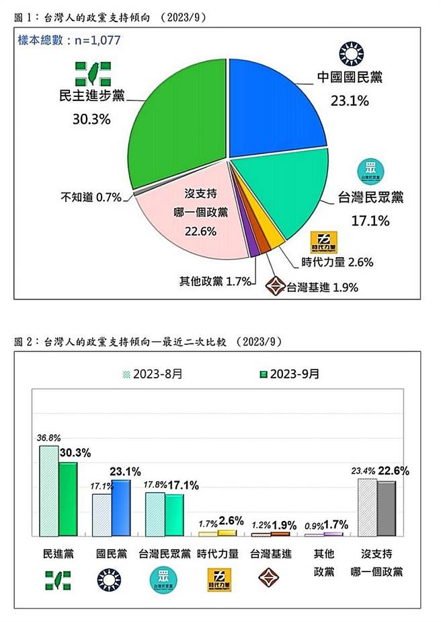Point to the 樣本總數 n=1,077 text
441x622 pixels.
pyautogui.click(x=69, y=40)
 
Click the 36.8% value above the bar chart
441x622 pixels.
pyautogui.click(x=47, y=437)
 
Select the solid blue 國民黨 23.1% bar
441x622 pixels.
pyautogui.click(x=121, y=508)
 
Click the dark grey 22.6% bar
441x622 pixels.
pyautogui.click(x=386, y=509)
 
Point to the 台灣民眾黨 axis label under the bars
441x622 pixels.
pyautogui.click(x=164, y=554)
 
